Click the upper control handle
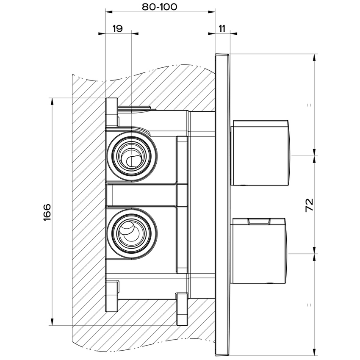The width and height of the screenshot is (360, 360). (x=261, y=153)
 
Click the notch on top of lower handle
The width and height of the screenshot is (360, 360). (x=259, y=221)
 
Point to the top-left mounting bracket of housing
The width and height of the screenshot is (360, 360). (x=111, y=112)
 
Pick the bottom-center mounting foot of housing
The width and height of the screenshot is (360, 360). (x=181, y=307)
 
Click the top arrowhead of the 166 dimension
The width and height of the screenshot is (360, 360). (x=52, y=102)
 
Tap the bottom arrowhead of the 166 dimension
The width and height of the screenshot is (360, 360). (x=52, y=321)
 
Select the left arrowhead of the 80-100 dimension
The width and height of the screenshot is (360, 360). (x=108, y=11)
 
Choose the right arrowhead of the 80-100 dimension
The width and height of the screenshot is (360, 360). (x=211, y=11)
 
